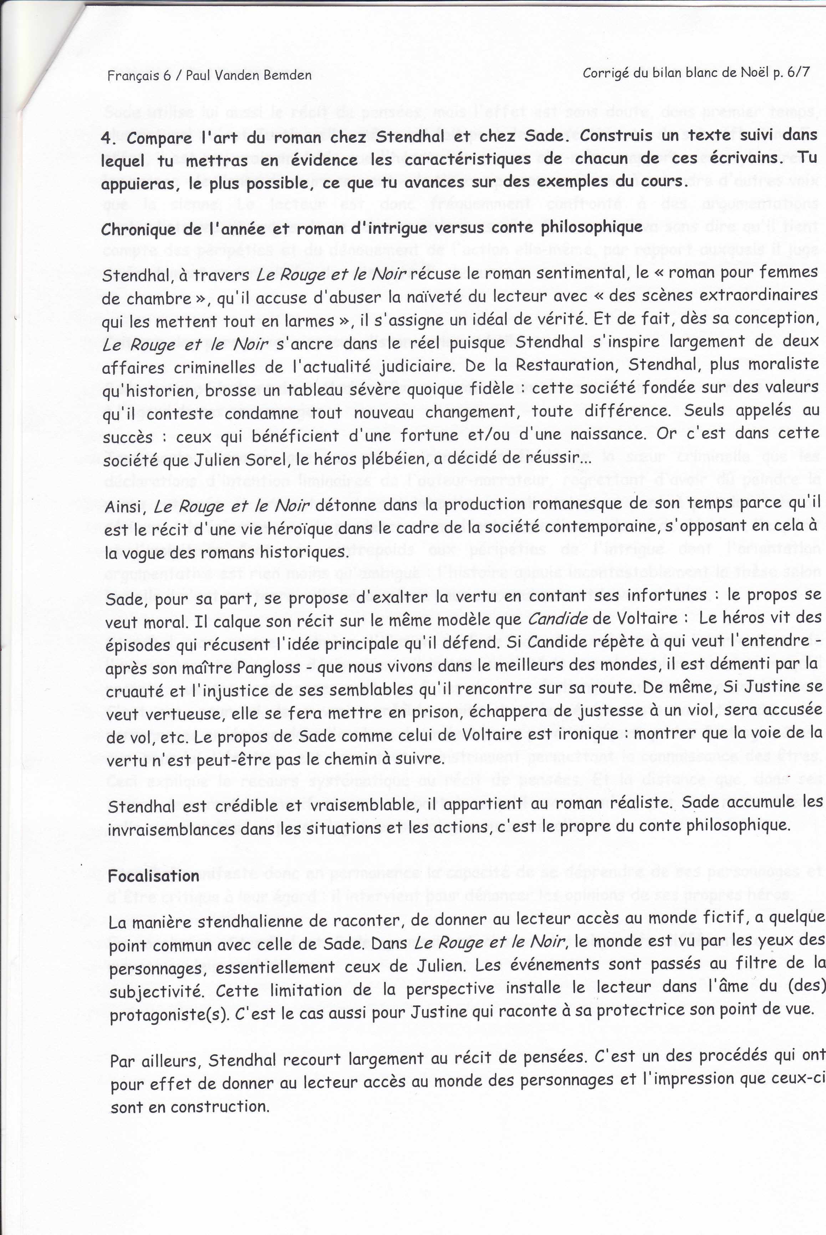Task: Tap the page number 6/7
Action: [x=796, y=73]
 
